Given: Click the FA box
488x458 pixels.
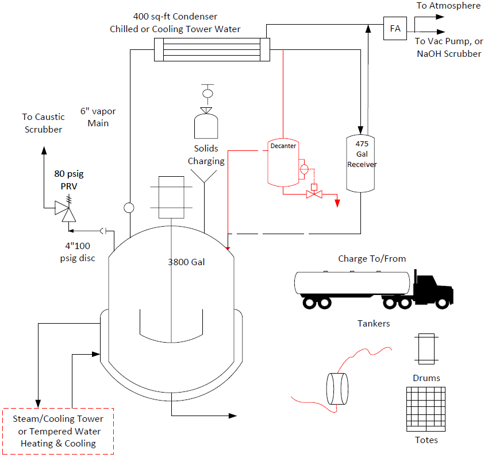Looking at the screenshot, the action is tap(395, 28).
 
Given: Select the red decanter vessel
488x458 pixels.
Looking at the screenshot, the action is tap(283, 162).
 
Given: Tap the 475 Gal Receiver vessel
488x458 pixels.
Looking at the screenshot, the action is tap(360, 164).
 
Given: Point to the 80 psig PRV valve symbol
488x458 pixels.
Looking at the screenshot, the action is tap(66, 209).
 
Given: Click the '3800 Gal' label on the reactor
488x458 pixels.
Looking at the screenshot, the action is tap(186, 262).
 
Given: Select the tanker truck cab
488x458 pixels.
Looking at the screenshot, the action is tap(433, 289).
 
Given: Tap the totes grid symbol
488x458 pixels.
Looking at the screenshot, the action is tap(426, 409).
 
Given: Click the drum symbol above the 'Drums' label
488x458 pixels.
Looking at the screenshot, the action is tap(426, 348).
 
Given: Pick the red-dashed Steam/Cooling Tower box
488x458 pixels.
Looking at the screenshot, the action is tap(58, 431).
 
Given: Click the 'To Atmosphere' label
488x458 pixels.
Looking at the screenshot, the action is tap(448, 6).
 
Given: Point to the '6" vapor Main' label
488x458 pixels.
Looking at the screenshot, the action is tap(98, 117).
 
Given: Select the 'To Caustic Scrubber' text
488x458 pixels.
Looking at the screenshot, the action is tap(43, 123).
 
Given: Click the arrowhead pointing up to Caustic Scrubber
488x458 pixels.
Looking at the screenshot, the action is tap(44, 150).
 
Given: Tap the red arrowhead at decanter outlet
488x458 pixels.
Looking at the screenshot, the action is tap(337, 203).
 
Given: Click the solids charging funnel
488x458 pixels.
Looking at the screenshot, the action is tap(204, 176).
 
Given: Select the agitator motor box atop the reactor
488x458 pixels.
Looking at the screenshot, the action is tap(171, 197).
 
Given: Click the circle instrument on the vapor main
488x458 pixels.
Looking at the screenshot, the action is tap(129, 208).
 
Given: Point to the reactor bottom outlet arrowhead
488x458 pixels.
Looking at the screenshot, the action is tap(233, 416).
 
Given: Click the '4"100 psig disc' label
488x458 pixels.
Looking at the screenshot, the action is tap(78, 252).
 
